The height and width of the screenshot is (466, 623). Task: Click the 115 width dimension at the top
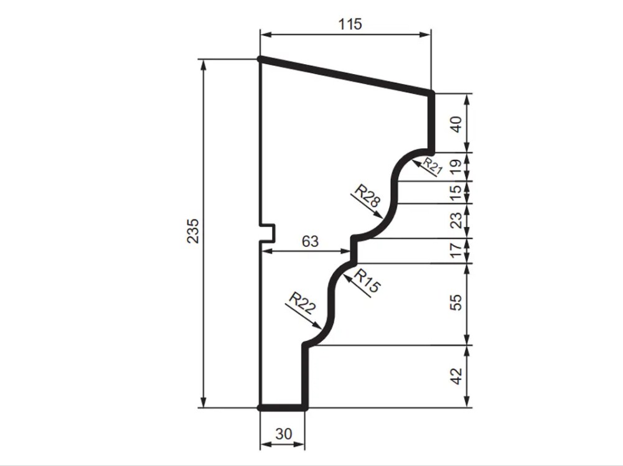350,25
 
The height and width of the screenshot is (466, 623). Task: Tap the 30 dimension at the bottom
284,434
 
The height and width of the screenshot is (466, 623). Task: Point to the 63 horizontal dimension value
311,241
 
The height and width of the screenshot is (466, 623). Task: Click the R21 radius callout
432,166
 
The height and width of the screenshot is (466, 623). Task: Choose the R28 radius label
368,195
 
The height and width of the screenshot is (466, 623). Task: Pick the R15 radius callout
367,281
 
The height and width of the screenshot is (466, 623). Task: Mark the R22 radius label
302,303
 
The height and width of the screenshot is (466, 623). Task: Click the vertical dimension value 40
457,124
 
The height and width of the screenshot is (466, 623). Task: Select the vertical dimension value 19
457,166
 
